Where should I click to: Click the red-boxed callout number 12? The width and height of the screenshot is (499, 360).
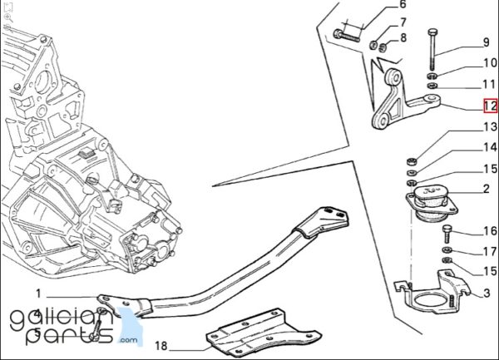[x=490, y=106]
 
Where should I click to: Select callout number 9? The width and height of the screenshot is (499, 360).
[x=486, y=42]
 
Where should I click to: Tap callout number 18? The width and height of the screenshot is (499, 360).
[x=161, y=346]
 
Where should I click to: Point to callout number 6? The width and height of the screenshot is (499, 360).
[x=403, y=4]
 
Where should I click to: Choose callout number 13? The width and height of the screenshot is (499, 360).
[x=490, y=127]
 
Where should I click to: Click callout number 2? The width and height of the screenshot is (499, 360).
[x=486, y=189]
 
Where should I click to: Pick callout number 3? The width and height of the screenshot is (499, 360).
[x=487, y=293]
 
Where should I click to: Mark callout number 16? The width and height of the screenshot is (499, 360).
[x=490, y=231]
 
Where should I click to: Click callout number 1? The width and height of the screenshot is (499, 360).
[x=38, y=293]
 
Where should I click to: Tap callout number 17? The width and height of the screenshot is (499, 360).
[x=490, y=252]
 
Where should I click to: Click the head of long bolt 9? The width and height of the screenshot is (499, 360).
[x=432, y=32]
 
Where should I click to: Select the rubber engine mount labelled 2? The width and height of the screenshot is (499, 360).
[x=432, y=203]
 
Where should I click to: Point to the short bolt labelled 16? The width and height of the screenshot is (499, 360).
[x=447, y=234]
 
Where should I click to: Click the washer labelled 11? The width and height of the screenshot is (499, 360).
[x=432, y=86]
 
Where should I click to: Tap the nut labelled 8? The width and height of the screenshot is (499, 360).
[x=383, y=47]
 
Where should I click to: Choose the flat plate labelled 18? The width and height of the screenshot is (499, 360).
[x=263, y=332]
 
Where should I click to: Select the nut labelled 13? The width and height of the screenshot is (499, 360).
[x=411, y=161]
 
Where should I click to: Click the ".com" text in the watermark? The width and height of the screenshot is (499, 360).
[x=129, y=340]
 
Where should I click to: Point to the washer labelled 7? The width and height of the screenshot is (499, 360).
[x=373, y=45]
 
